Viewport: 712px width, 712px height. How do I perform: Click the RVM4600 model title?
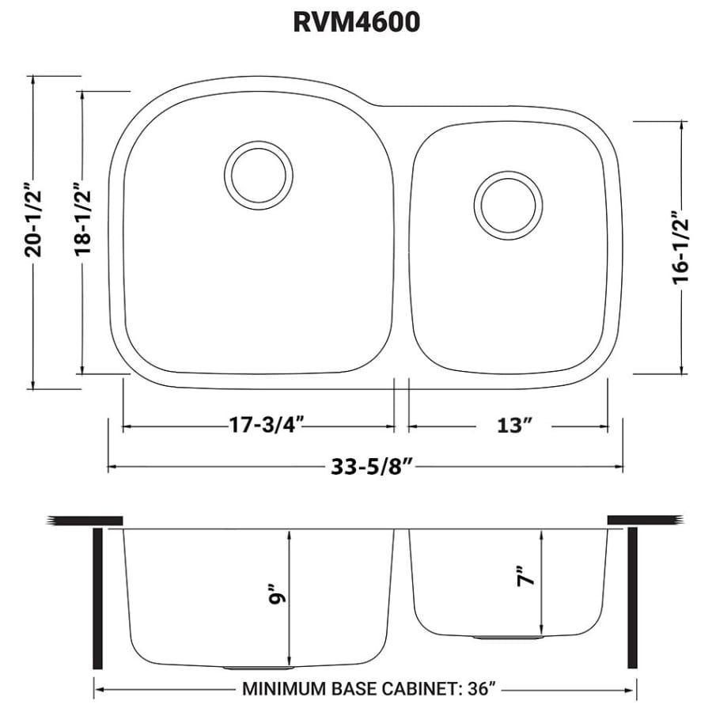pos(356,21)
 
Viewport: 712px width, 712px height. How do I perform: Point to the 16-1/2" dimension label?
pos(682,247)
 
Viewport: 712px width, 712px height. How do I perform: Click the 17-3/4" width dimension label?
pos(258,426)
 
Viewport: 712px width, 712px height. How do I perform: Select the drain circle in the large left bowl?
pos(257,175)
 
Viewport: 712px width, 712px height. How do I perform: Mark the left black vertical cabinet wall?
pos(98,598)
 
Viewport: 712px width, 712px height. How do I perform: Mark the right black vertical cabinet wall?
pos(632,598)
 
